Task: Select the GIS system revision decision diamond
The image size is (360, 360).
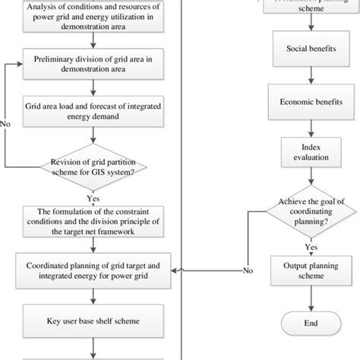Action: pos(92,166)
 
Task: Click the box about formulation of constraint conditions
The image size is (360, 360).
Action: pos(93,220)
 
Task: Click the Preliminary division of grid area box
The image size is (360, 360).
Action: pos(93,64)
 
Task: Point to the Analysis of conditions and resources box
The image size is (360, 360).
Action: pos(93,16)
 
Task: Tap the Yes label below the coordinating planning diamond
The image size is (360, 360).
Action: pos(311,247)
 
